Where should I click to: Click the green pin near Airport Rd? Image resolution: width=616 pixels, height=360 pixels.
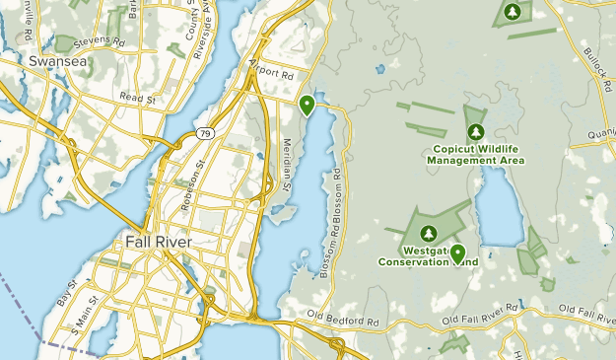tap(308, 105)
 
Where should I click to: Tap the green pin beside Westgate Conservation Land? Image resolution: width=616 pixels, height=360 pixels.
tap(457, 253)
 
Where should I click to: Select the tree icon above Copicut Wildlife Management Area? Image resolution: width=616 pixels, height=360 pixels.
tap(477, 132)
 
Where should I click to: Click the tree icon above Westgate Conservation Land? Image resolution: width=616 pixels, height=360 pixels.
tap(429, 233)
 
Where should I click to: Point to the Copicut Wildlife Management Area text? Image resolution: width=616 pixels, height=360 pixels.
tap(477, 154)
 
